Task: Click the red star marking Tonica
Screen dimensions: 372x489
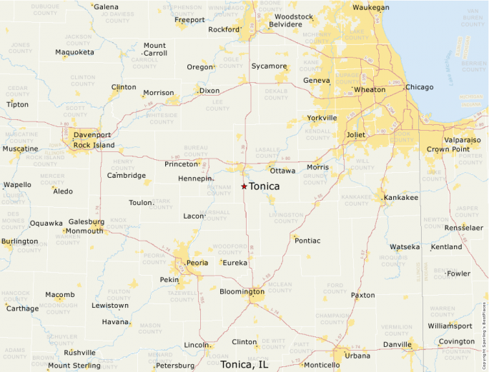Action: tap(244, 186)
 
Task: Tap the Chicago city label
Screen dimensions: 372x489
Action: tap(419, 87)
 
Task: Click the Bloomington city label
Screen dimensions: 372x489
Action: tap(242, 291)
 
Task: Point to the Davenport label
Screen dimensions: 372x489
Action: tap(92, 135)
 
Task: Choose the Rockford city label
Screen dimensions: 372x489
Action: tap(223, 30)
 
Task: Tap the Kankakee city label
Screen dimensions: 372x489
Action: tap(400, 197)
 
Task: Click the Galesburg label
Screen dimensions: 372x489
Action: tap(87, 222)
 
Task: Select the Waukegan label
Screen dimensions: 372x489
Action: tap(371, 8)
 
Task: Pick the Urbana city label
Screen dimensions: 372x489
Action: tap(357, 355)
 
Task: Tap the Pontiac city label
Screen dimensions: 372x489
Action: tap(307, 241)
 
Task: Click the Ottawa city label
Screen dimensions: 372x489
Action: tap(282, 171)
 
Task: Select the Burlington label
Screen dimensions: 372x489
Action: tap(20, 241)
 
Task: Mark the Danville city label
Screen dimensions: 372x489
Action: tap(397, 344)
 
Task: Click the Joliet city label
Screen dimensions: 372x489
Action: tap(355, 134)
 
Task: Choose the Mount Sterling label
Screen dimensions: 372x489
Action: tap(74, 366)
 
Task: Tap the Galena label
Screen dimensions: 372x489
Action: tap(107, 7)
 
